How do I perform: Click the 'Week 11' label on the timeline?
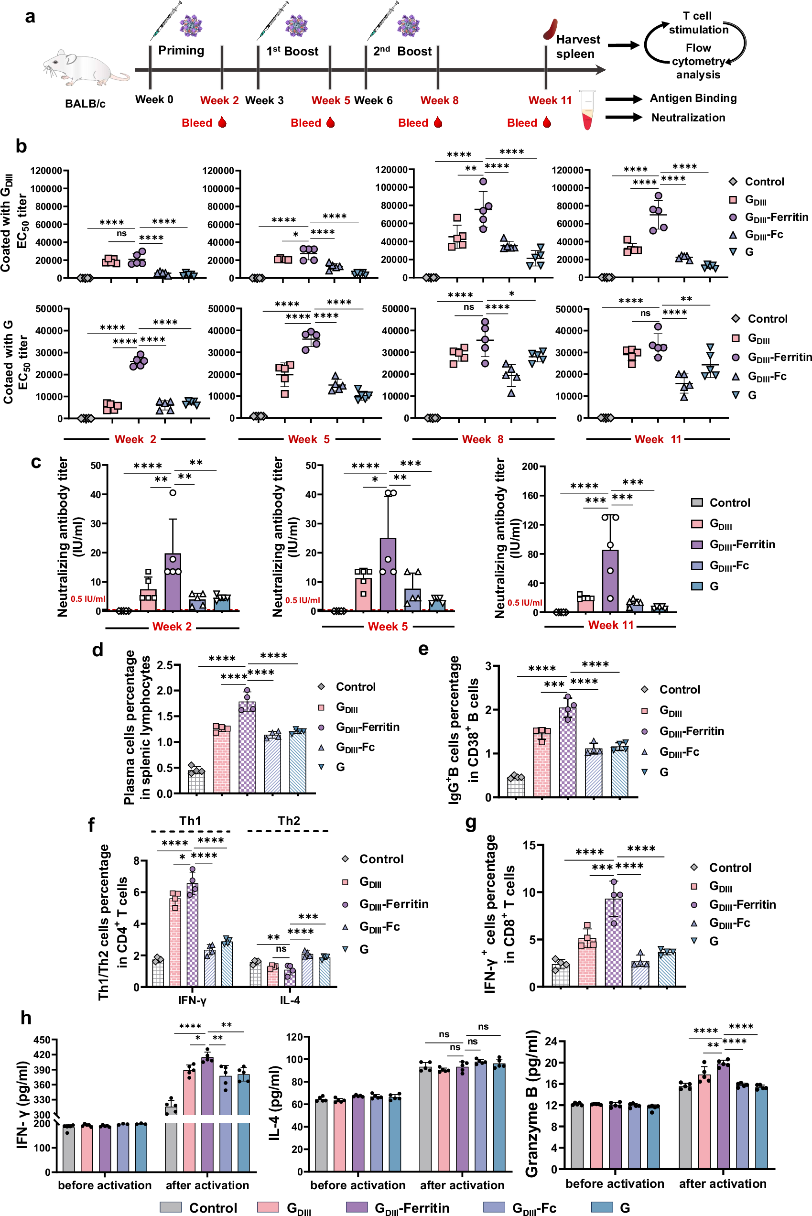tap(550, 100)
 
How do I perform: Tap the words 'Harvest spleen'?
tap(577, 47)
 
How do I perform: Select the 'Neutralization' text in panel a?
tap(688, 118)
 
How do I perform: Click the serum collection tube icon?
tap(587, 110)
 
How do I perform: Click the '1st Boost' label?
tap(292, 51)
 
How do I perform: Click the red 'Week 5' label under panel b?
tap(309, 439)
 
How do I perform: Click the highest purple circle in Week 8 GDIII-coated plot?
tap(483, 181)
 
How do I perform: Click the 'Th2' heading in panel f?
tap(289, 821)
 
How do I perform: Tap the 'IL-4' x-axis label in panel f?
tap(290, 1000)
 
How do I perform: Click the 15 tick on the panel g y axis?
tap(529, 845)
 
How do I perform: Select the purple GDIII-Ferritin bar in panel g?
tap(614, 943)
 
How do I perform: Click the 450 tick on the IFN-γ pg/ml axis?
tap(42, 1040)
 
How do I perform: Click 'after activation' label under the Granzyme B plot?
tap(723, 1183)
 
